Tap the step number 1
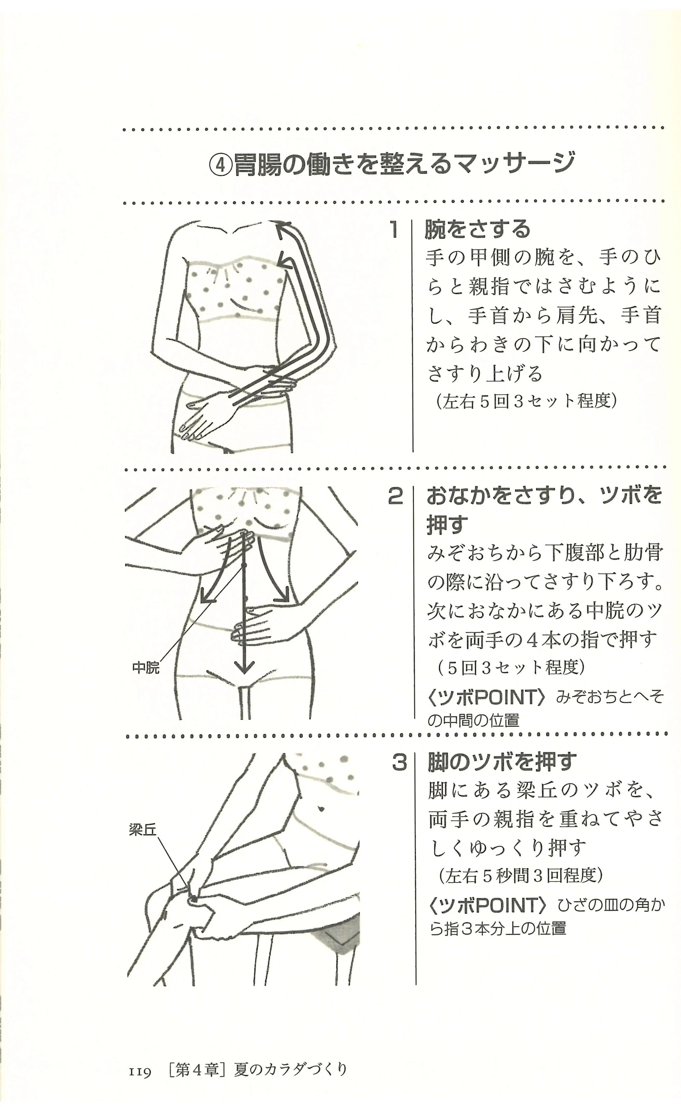[x=394, y=230]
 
